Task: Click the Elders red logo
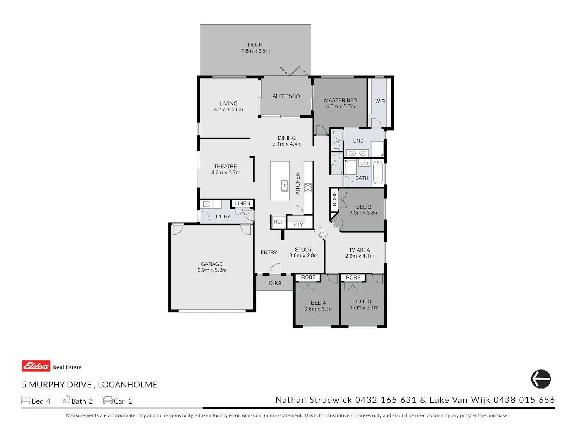pyautogui.click(x=36, y=366)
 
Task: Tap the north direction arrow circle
pyautogui.click(x=541, y=379)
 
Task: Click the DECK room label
pyautogui.click(x=255, y=45)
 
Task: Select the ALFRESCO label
pyautogui.click(x=286, y=96)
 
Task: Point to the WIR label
pyautogui.click(x=380, y=101)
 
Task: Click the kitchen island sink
pyautogui.click(x=285, y=185)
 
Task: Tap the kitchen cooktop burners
pyautogui.click(x=308, y=187)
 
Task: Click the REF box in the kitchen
pyautogui.click(x=278, y=222)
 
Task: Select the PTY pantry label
pyautogui.click(x=298, y=225)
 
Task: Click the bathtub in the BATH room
pyautogui.click(x=378, y=172)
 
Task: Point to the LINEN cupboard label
pyautogui.click(x=242, y=203)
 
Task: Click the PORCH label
pyautogui.click(x=274, y=283)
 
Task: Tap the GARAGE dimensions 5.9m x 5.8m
pyautogui.click(x=212, y=270)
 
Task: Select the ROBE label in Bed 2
pyautogui.click(x=334, y=199)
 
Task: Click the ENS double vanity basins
pyautogui.click(x=358, y=153)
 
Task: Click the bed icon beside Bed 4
pyautogui.click(x=25, y=400)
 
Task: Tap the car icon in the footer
pyautogui.click(x=108, y=399)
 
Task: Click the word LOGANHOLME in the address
pyautogui.click(x=127, y=384)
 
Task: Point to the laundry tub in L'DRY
pyautogui.click(x=206, y=204)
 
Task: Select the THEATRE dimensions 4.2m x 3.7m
pyautogui.click(x=226, y=172)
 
